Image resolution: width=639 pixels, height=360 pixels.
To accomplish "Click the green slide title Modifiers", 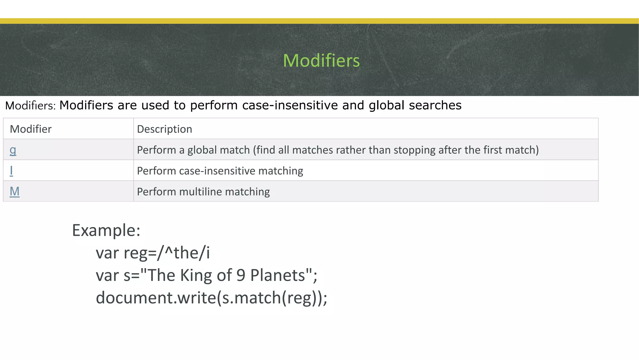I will coord(321,60).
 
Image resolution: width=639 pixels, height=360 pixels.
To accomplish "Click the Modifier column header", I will coord(31,129).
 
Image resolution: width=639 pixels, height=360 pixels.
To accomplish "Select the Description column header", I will coord(164,129).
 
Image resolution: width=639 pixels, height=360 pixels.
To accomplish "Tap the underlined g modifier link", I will coord(13,150).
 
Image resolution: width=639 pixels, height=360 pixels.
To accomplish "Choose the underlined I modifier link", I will coord(12,171).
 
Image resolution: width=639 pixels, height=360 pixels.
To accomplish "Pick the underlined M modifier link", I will coord(14,191).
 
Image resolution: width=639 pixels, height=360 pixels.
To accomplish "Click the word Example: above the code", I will coord(106,230).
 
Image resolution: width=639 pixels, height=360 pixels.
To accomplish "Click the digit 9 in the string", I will coord(241,275).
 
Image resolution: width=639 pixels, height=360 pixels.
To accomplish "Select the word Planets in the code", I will coord(277,275).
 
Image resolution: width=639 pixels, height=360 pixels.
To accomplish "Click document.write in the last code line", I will coord(156,298).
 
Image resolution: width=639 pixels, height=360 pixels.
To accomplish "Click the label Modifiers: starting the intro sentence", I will coord(30,106).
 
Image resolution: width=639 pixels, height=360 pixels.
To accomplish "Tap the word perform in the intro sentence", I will coord(214,106).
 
